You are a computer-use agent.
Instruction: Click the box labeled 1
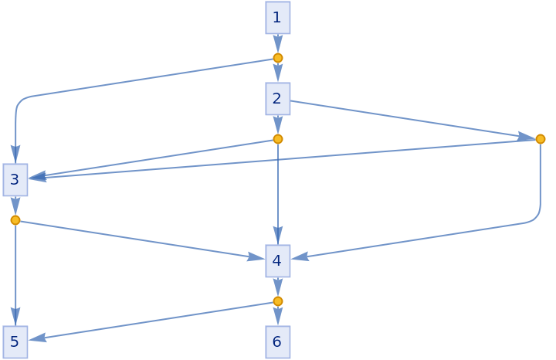(x=278, y=17)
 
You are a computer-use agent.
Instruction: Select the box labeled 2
(x=278, y=98)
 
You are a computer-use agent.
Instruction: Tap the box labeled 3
(x=15, y=180)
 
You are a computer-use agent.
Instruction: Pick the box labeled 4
(x=278, y=260)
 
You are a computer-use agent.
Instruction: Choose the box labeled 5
(x=15, y=341)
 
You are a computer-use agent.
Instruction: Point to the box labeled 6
(x=278, y=341)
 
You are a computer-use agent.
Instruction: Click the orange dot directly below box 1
(x=278, y=58)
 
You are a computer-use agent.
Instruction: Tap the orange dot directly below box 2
(x=278, y=139)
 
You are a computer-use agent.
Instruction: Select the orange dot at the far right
(x=541, y=139)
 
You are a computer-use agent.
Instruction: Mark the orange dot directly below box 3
(x=15, y=220)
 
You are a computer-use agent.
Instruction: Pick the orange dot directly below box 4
(x=278, y=301)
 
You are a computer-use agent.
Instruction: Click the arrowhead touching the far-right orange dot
(x=527, y=138)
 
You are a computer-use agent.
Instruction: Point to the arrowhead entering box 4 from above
(x=278, y=236)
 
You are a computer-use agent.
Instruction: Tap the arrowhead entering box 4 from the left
(x=256, y=256)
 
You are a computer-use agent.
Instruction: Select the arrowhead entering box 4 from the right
(x=300, y=256)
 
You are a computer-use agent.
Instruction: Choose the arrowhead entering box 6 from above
(x=278, y=318)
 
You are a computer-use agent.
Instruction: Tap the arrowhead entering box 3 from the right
(x=37, y=177)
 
